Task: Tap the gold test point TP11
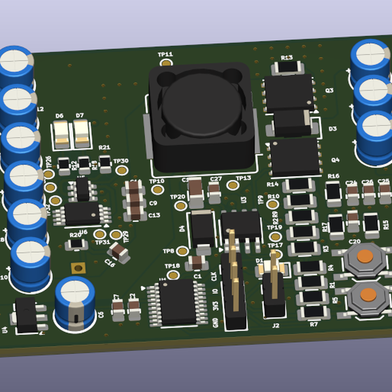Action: [x=167, y=64]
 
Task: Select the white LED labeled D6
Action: [x=61, y=135]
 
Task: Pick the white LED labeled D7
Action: [x=81, y=135]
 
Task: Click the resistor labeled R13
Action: [x=287, y=67]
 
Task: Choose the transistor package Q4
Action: [x=295, y=157]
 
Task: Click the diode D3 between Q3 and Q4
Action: [x=292, y=122]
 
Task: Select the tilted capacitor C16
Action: [x=118, y=251]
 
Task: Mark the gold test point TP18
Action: [x=173, y=275]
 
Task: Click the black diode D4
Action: [x=201, y=229]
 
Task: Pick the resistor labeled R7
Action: [x=312, y=313]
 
